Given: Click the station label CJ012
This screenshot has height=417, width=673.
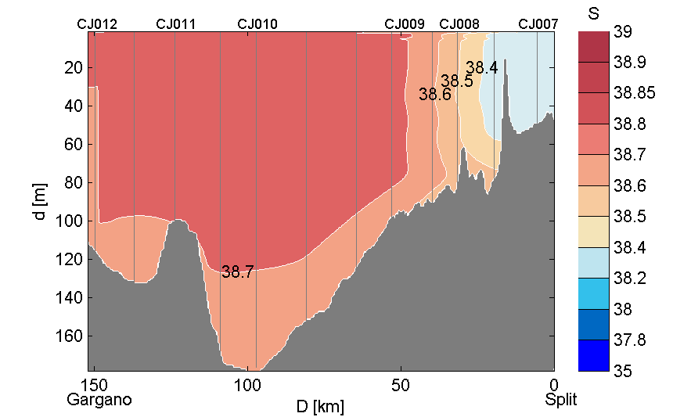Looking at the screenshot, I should [97, 24].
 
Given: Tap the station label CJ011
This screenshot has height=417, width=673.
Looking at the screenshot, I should [176, 24].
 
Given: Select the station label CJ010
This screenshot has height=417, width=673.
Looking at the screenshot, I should [257, 24].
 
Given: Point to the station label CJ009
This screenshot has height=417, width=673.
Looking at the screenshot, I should [405, 24].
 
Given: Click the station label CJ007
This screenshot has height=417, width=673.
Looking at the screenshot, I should [538, 24].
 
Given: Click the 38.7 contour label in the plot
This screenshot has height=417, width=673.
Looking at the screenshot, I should [237, 272].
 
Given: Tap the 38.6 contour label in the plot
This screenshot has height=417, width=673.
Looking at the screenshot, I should [434, 95].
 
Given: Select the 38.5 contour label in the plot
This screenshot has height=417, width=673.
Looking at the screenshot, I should [456, 81].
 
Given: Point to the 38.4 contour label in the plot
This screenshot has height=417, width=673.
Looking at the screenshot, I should [481, 68].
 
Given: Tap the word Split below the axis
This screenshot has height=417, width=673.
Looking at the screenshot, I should [561, 400].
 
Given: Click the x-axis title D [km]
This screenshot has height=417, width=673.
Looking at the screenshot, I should [319, 407].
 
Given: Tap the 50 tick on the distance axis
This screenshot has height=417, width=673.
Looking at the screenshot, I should [401, 385].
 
